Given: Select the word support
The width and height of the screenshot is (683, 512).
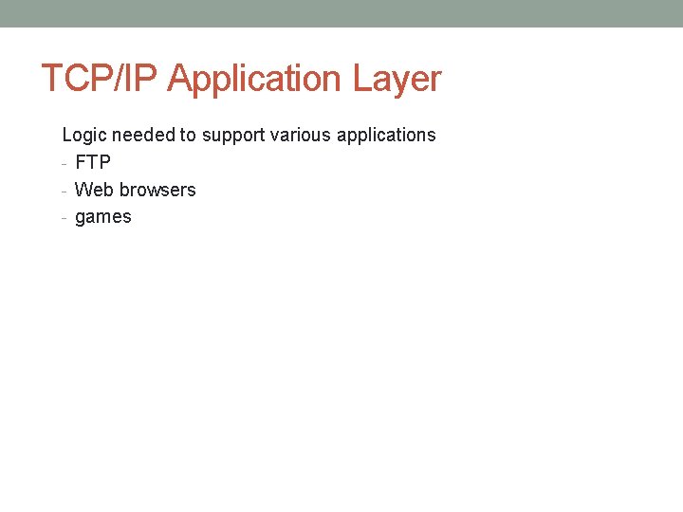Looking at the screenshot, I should point(233,136).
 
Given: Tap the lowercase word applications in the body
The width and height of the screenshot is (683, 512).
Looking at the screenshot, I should point(384,136).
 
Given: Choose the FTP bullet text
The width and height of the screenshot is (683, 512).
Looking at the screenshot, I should point(93,162).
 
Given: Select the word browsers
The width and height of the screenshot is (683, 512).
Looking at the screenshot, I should point(158,190).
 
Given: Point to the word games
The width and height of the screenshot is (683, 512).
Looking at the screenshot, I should point(103,217).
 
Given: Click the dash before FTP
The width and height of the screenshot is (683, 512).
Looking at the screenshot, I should point(65,163).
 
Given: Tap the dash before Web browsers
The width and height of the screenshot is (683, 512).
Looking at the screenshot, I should point(65,191).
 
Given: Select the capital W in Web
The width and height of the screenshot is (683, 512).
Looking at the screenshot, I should point(83,190).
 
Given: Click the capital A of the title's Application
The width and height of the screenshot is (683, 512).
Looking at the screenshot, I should point(179,79).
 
